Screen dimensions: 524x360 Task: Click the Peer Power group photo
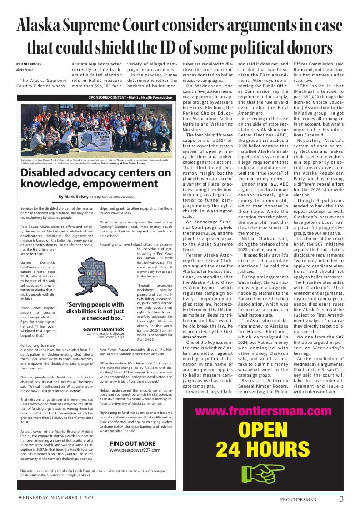96,130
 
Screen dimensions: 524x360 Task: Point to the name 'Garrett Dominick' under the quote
103,329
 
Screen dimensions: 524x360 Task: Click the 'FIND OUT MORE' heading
132,443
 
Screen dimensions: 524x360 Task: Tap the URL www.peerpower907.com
135,450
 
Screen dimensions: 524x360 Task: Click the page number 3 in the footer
341,499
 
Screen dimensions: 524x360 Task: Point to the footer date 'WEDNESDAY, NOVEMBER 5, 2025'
55,498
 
